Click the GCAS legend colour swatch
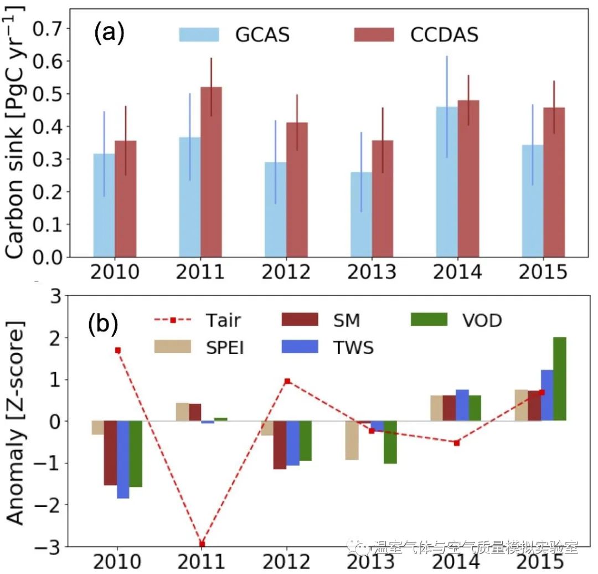199,35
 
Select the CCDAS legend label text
445,35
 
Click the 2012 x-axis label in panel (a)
286,273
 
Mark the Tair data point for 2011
202,544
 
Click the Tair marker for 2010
118,350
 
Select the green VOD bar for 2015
559,379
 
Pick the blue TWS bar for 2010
123,459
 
